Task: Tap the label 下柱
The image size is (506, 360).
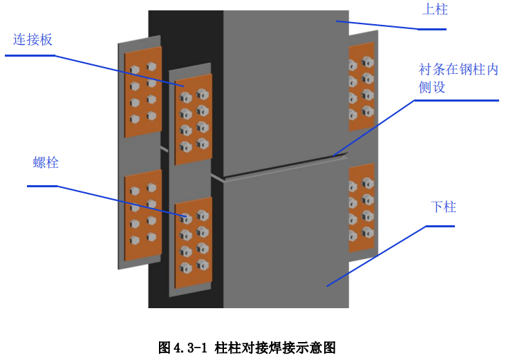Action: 443,207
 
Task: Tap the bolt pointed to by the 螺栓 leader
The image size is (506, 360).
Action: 186,218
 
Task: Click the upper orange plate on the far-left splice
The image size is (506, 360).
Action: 143,92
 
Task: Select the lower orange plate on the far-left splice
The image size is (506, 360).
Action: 143,209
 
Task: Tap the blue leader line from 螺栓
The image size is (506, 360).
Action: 118,201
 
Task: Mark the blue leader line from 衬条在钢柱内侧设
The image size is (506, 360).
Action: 373,128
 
